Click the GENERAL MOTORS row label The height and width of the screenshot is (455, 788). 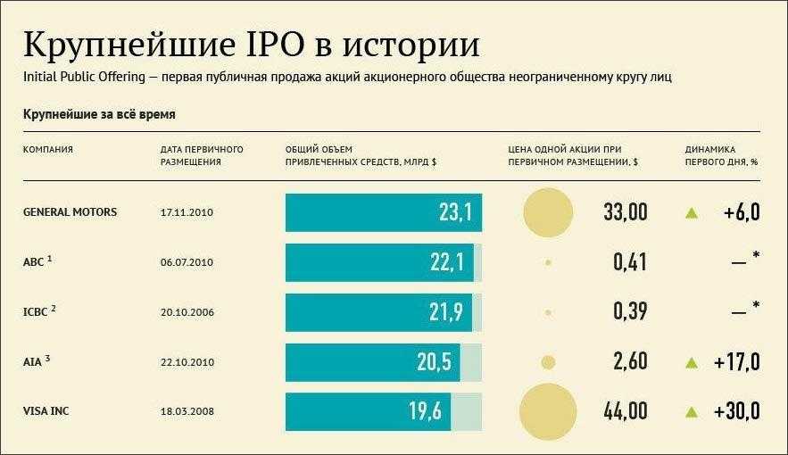tap(70, 212)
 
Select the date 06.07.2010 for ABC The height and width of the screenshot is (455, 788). tap(187, 262)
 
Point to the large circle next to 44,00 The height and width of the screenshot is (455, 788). tap(547, 412)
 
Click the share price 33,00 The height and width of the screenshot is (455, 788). tap(625, 212)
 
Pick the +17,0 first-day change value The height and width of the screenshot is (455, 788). tap(736, 362)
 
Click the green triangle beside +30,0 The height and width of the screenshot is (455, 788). tap(690, 412)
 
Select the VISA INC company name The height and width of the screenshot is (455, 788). tap(49, 412)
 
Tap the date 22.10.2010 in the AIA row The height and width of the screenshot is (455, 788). tap(187, 362)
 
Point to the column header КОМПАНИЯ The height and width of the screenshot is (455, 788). tap(48, 149)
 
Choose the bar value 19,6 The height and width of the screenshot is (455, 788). tap(426, 412)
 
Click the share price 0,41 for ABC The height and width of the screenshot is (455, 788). tap(629, 262)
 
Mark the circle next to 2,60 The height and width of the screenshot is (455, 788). tap(548, 362)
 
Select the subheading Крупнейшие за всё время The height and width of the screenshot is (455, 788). tap(99, 115)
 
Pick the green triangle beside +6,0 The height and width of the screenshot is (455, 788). tap(690, 212)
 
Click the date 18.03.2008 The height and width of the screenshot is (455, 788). tap(187, 412)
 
